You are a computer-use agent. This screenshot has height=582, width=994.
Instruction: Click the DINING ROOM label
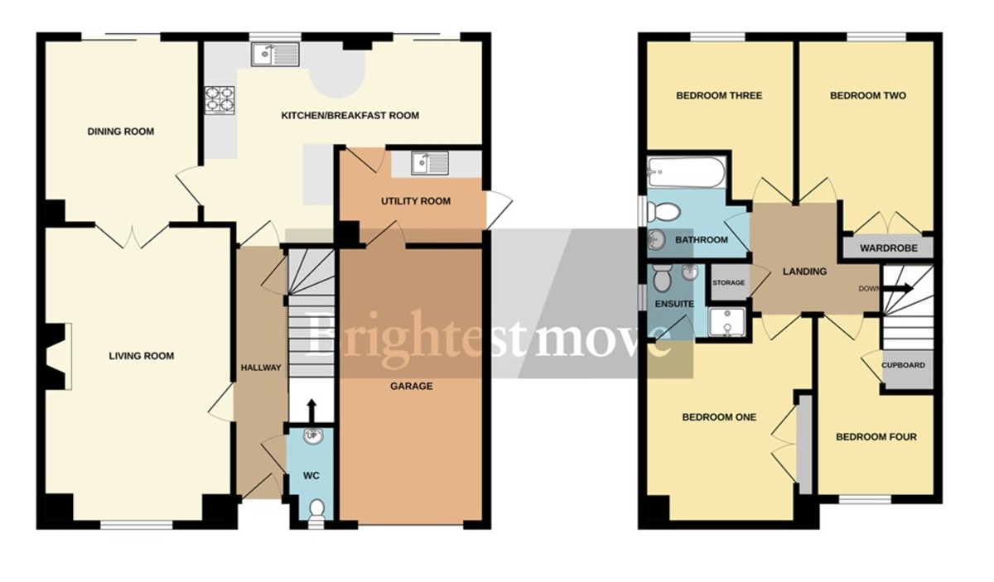point(121,132)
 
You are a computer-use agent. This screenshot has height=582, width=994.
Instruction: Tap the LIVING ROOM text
point(142,356)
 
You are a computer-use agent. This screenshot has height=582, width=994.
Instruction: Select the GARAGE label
point(412,386)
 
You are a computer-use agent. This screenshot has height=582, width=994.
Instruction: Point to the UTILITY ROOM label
point(416,201)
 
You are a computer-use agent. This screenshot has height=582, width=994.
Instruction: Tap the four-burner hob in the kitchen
point(220,99)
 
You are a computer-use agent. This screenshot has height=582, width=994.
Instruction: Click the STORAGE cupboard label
point(729,283)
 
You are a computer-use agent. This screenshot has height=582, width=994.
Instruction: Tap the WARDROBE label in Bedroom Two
point(885,248)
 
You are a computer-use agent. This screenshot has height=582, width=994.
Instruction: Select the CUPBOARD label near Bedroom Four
point(904,365)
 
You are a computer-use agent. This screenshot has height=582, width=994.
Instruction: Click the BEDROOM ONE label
point(719,417)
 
